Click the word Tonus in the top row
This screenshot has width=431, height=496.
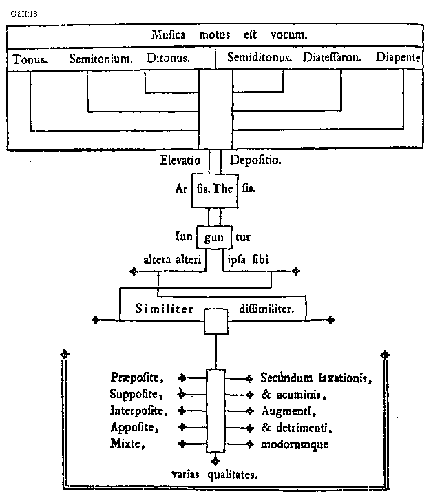30,60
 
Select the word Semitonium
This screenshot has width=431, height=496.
101,60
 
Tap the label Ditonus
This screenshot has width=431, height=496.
169,59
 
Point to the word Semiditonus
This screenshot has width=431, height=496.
260,59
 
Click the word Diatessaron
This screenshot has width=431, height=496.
333,59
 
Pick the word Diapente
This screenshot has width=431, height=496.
399,59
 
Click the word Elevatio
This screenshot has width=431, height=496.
180,161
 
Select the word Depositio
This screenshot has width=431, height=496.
255,161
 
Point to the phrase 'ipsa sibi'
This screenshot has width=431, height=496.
249,260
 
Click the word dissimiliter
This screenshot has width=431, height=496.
266,309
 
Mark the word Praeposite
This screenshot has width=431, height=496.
136,378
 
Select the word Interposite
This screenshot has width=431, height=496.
138,411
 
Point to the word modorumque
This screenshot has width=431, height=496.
295,444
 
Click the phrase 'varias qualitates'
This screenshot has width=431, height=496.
215,474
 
